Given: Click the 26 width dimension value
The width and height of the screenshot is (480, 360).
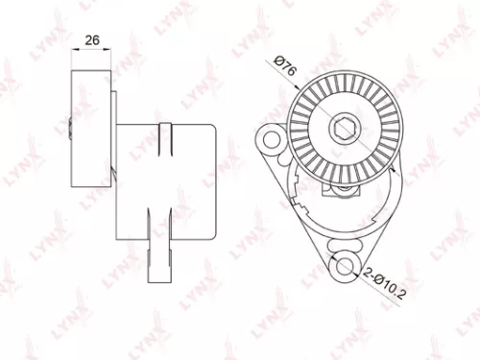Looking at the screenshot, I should point(92,41).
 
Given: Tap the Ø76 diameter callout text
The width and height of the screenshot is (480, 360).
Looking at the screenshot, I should point(284,70).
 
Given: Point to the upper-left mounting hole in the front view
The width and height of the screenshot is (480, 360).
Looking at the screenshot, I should point(271,140).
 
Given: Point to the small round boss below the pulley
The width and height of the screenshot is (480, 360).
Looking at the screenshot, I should point(342,187).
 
